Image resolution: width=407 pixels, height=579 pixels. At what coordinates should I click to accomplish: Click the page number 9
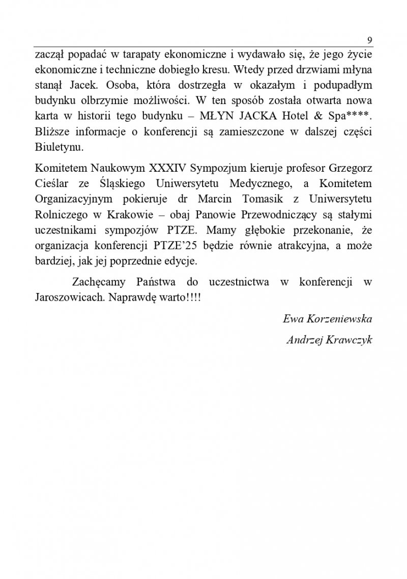[x=370, y=40]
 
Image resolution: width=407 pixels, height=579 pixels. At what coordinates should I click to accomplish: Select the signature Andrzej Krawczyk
[x=329, y=341]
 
